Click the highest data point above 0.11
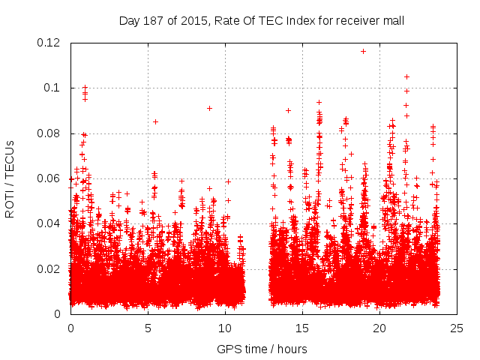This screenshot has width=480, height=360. pos(364,51)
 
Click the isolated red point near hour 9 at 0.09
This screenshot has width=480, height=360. pos(209,108)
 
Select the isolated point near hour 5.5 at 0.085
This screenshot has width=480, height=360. pos(155,121)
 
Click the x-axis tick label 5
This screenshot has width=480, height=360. pos(148,328)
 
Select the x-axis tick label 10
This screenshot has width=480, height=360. pos(225,328)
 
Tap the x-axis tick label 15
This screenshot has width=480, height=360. pos(302,328)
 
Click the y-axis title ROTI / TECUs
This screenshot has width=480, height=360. pos(10,178)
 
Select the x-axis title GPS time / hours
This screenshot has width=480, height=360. pos(262,349)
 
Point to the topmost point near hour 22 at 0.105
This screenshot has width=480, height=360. pos(406,76)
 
